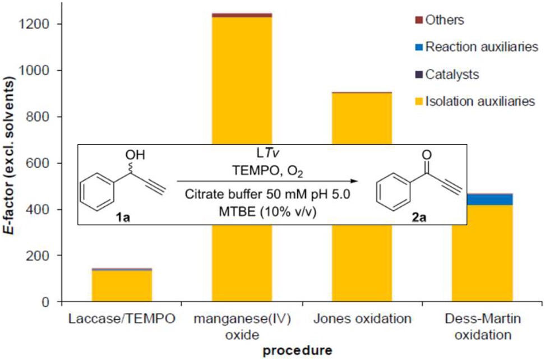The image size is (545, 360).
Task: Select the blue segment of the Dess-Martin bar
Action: click(x=482, y=200)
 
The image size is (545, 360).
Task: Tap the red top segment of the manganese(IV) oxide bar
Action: click(x=242, y=15)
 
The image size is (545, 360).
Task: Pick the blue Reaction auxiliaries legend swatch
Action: click(x=418, y=47)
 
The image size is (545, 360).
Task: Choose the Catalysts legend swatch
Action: click(x=418, y=74)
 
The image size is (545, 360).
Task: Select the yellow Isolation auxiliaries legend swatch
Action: click(x=418, y=101)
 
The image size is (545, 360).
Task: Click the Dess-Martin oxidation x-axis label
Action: click(x=482, y=326)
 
